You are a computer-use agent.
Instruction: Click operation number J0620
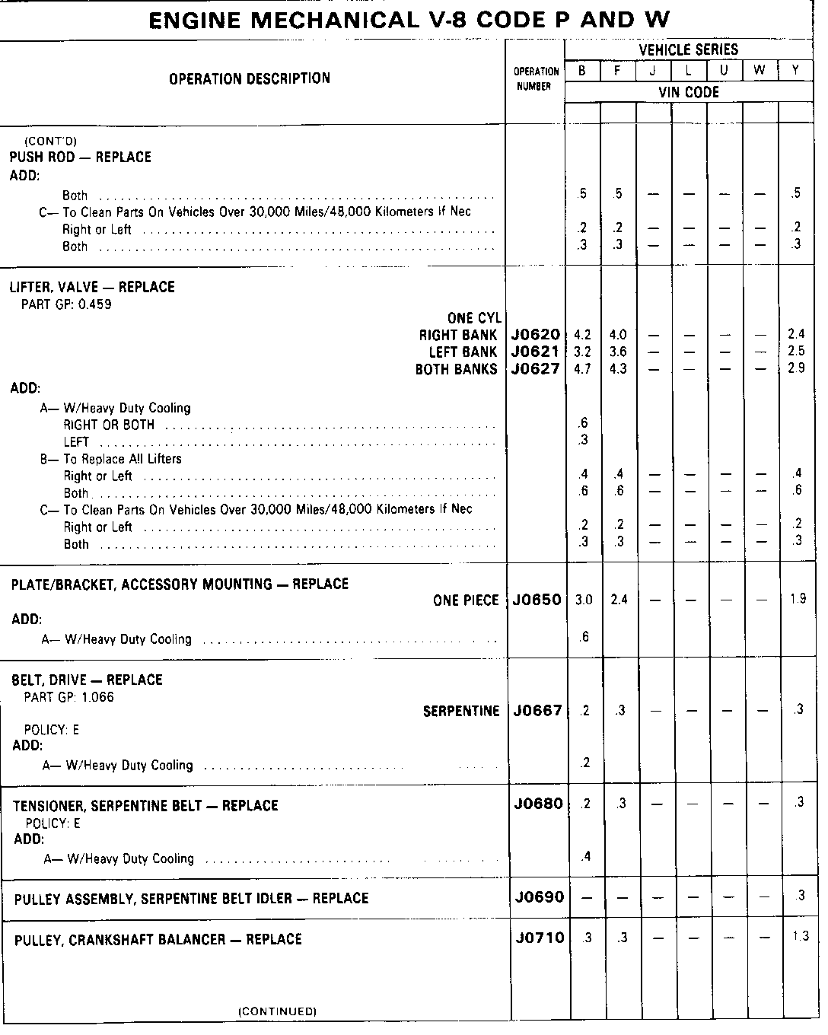click(x=536, y=335)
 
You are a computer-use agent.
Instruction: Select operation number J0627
click(x=536, y=369)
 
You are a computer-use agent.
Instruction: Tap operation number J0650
click(x=536, y=600)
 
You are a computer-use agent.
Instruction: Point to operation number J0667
click(x=536, y=711)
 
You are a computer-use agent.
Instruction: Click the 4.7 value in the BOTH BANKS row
click(x=582, y=369)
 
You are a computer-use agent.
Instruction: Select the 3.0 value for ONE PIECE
click(x=583, y=600)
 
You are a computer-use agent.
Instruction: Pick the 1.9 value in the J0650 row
click(x=797, y=599)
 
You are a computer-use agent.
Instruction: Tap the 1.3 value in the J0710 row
click(x=798, y=937)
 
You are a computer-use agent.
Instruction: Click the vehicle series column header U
click(x=724, y=71)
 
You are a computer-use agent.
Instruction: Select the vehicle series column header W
click(x=760, y=71)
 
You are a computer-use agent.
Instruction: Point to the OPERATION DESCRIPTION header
click(x=250, y=78)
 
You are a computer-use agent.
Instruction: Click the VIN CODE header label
click(x=688, y=92)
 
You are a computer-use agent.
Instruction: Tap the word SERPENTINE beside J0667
click(x=461, y=711)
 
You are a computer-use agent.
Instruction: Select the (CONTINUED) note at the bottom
click(x=277, y=1011)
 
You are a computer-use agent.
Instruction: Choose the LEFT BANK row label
click(x=463, y=352)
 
